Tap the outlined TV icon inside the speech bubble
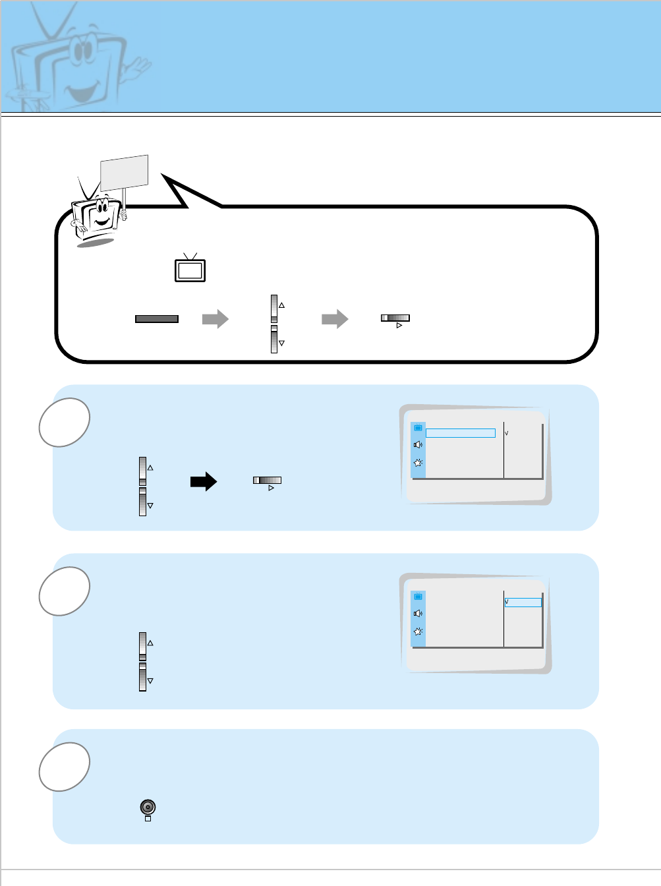click(x=190, y=269)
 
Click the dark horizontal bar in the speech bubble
click(x=157, y=319)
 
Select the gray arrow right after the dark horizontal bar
click(x=215, y=319)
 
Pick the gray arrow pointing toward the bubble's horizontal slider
click(x=335, y=319)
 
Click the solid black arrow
click(x=204, y=481)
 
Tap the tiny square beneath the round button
click(x=148, y=819)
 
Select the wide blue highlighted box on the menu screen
click(x=461, y=433)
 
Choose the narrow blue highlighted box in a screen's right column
click(x=523, y=603)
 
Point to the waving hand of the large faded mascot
click(x=138, y=67)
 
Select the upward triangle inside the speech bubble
click(x=281, y=305)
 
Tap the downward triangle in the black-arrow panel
click(x=150, y=506)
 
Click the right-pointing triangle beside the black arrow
click(x=271, y=488)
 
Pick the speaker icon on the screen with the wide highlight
click(x=418, y=445)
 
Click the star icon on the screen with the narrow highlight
click(x=418, y=632)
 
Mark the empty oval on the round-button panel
click(x=64, y=766)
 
